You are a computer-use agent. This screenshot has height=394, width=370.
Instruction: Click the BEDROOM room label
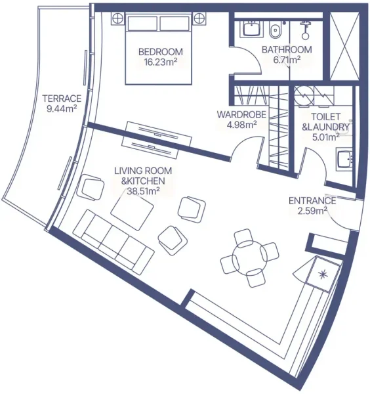click(160, 52)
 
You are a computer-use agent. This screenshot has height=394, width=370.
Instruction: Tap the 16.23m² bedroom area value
click(161, 63)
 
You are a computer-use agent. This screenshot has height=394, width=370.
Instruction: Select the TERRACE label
click(62, 98)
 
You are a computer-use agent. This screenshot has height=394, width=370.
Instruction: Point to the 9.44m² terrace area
click(62, 109)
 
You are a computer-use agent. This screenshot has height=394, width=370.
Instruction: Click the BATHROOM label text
click(286, 50)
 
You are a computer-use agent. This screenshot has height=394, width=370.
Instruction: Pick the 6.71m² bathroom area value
click(286, 60)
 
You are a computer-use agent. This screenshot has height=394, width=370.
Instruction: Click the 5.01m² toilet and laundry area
click(320, 137)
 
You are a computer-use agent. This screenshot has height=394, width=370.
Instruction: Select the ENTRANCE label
click(312, 201)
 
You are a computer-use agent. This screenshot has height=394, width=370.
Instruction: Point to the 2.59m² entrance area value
click(312, 211)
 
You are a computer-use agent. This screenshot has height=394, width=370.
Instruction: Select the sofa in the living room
click(109, 242)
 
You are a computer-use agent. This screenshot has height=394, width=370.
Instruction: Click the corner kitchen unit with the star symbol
click(323, 273)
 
